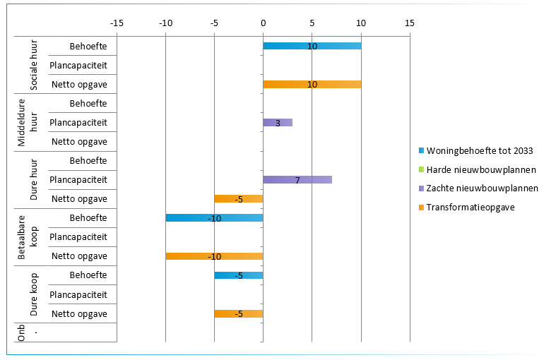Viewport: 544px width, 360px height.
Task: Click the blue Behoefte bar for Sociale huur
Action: tap(312, 46)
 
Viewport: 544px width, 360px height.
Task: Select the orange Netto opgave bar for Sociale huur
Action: tap(312, 84)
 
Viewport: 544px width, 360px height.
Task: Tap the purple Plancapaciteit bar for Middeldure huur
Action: tap(278, 122)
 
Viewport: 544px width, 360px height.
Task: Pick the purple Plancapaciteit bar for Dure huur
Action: tap(297, 179)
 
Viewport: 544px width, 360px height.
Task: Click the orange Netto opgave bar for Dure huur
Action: tap(239, 198)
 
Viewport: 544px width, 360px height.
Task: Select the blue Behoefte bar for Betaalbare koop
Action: tap(214, 217)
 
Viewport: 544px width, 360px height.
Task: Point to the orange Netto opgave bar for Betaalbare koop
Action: tap(214, 256)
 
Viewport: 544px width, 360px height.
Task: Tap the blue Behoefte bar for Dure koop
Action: tap(239, 275)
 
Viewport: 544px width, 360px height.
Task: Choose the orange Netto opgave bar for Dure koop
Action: tap(239, 313)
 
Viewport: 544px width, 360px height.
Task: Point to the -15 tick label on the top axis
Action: tap(117, 23)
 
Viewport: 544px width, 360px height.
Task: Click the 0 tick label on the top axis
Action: tap(263, 23)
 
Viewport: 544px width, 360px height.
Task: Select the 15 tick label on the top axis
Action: tap(409, 23)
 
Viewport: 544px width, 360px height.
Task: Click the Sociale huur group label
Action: tap(34, 65)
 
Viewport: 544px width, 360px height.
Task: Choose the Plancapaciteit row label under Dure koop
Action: tap(78, 294)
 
